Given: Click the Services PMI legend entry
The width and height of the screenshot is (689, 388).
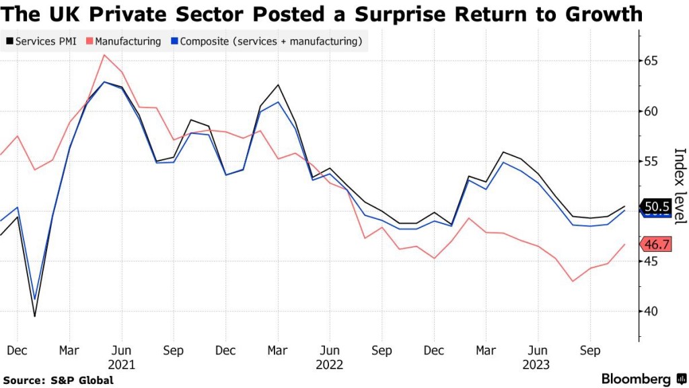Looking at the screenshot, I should tap(43, 42).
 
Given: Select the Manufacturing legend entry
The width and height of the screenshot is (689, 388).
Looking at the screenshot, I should tap(128, 42).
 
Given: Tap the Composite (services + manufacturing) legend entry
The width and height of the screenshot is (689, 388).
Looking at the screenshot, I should tap(269, 42).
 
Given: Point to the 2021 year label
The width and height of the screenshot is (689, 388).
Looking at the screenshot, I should tap(121, 364).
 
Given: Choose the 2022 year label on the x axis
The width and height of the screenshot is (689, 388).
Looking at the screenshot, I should tap(330, 364).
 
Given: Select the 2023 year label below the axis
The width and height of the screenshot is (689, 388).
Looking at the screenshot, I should tap(537, 364).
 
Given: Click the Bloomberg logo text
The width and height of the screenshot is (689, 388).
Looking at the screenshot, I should tap(635, 379).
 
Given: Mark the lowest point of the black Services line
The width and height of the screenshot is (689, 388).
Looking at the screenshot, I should tap(35, 316).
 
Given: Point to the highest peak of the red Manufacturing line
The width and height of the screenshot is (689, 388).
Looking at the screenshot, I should tap(104, 55).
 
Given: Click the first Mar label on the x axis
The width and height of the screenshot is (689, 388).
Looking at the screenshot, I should tap(69, 351).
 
